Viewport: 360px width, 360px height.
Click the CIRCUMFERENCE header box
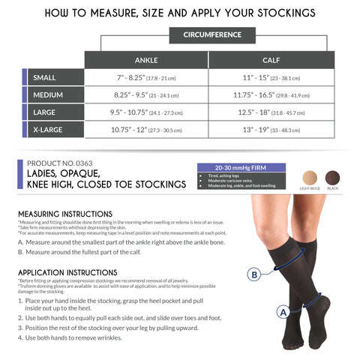[x=212, y=34]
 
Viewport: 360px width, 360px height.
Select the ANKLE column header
[x=145, y=59]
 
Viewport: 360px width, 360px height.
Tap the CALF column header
[x=271, y=59]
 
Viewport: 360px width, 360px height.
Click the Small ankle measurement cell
[x=145, y=77]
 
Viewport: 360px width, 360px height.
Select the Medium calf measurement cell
[x=271, y=96]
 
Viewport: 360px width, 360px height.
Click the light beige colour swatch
[x=309, y=178]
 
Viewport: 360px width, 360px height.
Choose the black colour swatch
[x=333, y=178]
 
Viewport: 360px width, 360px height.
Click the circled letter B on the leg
[x=254, y=274]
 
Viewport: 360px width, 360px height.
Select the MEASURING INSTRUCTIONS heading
[x=64, y=214]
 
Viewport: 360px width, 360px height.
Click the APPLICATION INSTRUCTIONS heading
[x=67, y=272]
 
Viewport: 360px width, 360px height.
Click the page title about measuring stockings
[x=180, y=13]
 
